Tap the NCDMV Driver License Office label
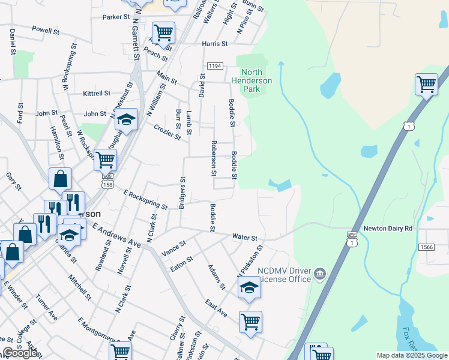coord(284,274)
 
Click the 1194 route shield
coord(215,65)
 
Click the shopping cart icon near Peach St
coord(163,32)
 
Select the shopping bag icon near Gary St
coord(60,178)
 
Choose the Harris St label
coord(215,44)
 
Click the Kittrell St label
coord(97,93)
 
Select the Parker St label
coord(116,17)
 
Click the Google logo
coord(20,353)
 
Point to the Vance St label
coord(174,245)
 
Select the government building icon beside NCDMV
coord(320,275)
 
